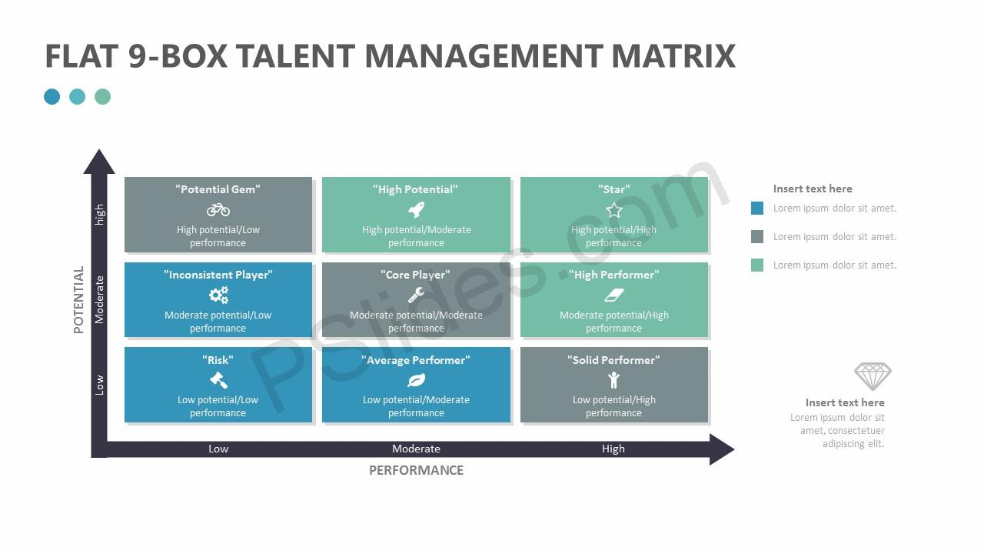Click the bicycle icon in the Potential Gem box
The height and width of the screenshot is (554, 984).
(x=218, y=210)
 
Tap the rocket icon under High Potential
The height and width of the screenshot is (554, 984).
(x=416, y=210)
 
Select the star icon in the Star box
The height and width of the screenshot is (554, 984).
(x=614, y=210)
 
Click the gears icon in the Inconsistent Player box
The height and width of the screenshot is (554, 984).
(x=218, y=295)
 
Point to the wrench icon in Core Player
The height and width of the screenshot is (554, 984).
(x=416, y=295)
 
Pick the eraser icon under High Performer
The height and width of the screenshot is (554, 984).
(x=614, y=295)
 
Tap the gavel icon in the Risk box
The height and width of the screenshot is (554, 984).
(x=218, y=380)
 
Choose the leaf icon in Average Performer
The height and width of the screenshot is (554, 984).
(x=416, y=380)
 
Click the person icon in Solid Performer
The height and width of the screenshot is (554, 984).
(x=614, y=380)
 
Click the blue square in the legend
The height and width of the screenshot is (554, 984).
(x=757, y=208)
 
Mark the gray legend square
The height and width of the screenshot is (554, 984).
(x=757, y=236)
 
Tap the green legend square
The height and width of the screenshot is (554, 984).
(x=757, y=265)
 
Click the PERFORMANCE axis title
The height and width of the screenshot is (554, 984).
(x=416, y=470)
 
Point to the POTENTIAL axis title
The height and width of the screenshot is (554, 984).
(x=78, y=300)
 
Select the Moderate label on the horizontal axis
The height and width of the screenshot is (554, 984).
(x=416, y=449)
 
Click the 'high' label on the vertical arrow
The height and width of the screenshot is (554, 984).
(x=100, y=215)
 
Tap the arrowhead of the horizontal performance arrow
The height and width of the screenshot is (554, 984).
(x=721, y=449)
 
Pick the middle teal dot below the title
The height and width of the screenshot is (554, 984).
(x=78, y=97)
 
